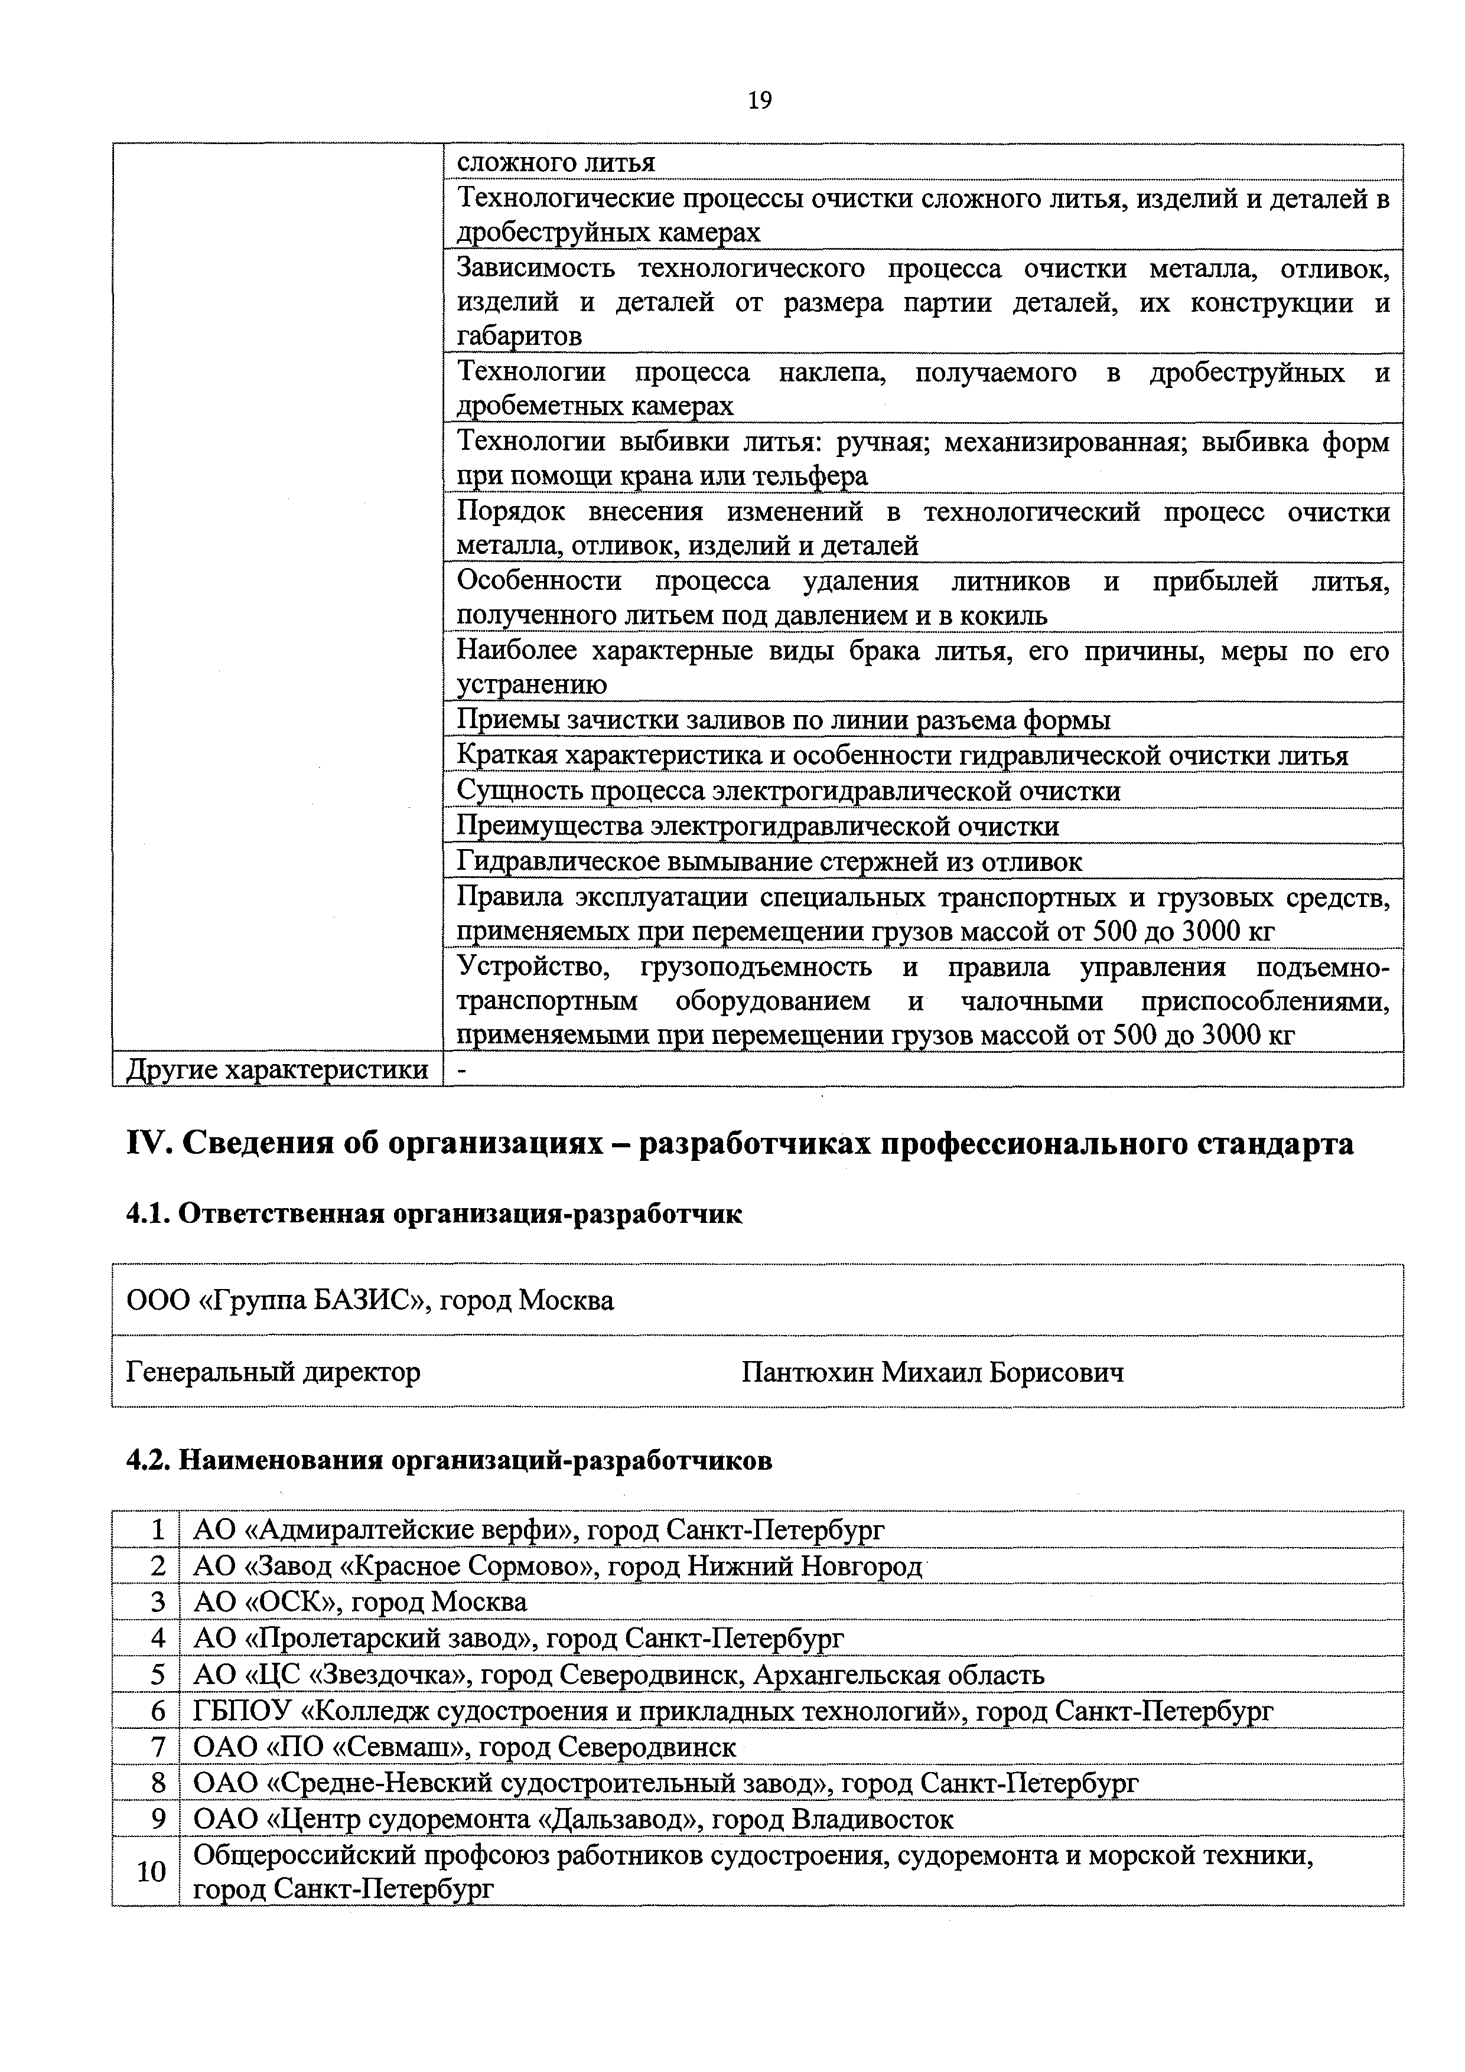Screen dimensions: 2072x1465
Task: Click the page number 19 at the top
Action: pos(759,100)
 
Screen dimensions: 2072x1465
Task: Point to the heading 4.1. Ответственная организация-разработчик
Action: pos(433,1214)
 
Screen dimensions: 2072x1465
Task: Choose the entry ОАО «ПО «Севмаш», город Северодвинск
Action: pos(465,1746)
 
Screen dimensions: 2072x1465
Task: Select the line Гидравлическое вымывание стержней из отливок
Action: pos(769,862)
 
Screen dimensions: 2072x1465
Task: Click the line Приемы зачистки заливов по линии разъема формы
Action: pos(783,720)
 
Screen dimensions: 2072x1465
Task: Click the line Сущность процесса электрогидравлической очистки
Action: pos(788,791)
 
